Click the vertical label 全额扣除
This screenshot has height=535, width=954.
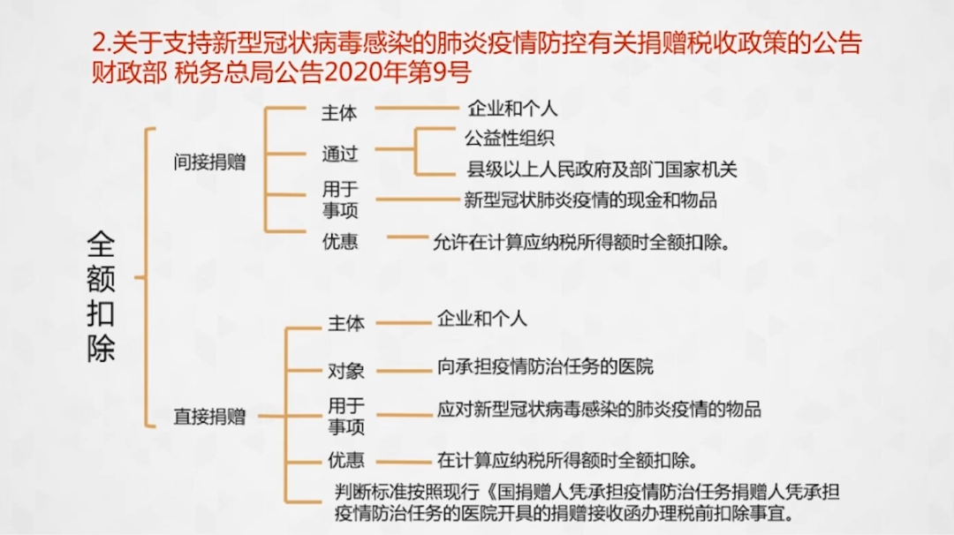pos(101,297)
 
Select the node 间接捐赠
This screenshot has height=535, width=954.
pos(209,162)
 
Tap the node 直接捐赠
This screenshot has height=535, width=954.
pos(209,417)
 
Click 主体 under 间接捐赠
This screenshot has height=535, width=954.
pos(339,112)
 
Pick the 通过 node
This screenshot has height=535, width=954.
pos(339,154)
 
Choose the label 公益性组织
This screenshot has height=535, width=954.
pos(510,138)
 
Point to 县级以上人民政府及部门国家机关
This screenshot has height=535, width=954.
pos(602,169)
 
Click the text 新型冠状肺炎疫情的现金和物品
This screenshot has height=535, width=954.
pos(590,200)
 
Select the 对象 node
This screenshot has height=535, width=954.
pos(346,370)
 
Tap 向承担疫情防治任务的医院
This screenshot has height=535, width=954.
pos(545,366)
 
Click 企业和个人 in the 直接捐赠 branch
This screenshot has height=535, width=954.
pos(482,320)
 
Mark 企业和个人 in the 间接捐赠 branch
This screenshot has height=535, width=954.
pos(512,109)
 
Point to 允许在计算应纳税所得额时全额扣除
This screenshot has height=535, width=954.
pos(580,243)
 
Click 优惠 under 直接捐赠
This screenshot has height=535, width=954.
pos(346,460)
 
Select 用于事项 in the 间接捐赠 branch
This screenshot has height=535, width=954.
pos(340,200)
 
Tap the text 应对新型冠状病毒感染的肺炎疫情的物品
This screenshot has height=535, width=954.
pos(599,409)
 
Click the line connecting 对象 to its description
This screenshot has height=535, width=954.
pos(404,370)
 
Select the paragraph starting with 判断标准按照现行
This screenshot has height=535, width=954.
pos(587,503)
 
